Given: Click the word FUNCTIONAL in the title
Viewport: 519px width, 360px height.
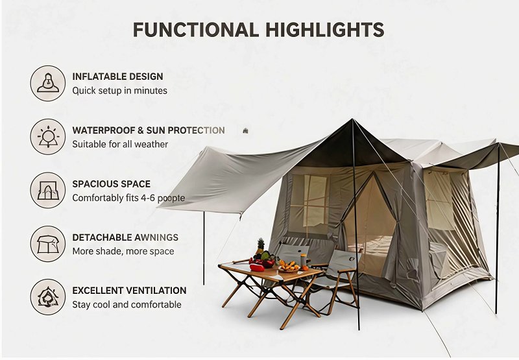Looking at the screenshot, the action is click(x=196, y=30).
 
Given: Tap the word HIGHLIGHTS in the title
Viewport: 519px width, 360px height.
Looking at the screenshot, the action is click(x=325, y=30).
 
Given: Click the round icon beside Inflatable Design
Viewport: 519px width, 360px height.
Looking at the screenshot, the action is click(x=48, y=84).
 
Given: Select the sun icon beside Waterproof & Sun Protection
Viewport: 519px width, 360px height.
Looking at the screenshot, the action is click(x=48, y=137).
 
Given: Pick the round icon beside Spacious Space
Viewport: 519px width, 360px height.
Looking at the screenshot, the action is click(x=48, y=190).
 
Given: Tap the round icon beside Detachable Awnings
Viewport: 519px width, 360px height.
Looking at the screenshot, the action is click(x=48, y=244).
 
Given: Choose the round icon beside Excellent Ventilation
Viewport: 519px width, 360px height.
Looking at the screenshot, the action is click(x=48, y=297).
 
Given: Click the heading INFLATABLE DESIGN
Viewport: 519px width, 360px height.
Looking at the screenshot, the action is click(x=118, y=77).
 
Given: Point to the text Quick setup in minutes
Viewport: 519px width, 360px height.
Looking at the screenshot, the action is click(x=120, y=91).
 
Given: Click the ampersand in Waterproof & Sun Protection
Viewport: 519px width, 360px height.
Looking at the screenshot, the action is click(x=141, y=130).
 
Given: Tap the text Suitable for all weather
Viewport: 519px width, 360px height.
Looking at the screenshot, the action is click(x=120, y=144).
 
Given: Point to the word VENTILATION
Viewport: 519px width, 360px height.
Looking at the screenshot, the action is click(x=158, y=291).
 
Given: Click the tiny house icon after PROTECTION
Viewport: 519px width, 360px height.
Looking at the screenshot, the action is click(x=245, y=130).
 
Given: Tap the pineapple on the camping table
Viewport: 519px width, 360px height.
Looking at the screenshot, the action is click(x=261, y=245).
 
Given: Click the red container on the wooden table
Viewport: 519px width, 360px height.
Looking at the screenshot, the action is click(x=257, y=268).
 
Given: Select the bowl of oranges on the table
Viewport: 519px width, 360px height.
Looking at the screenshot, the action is click(x=289, y=267).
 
